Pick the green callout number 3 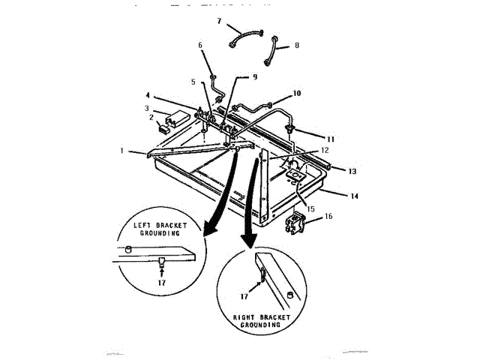[x=148, y=109]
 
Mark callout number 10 [x=297, y=94]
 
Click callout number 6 [x=200, y=46]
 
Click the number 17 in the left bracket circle [x=162, y=282]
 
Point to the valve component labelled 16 [x=294, y=222]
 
